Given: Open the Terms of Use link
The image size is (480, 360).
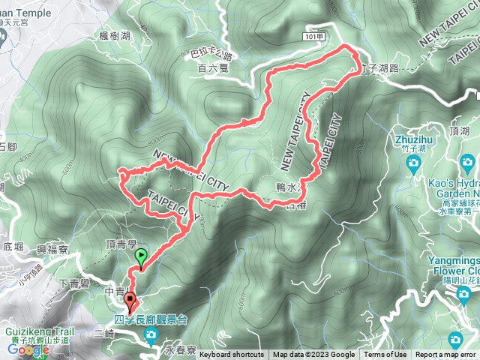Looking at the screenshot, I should coord(385,355).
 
